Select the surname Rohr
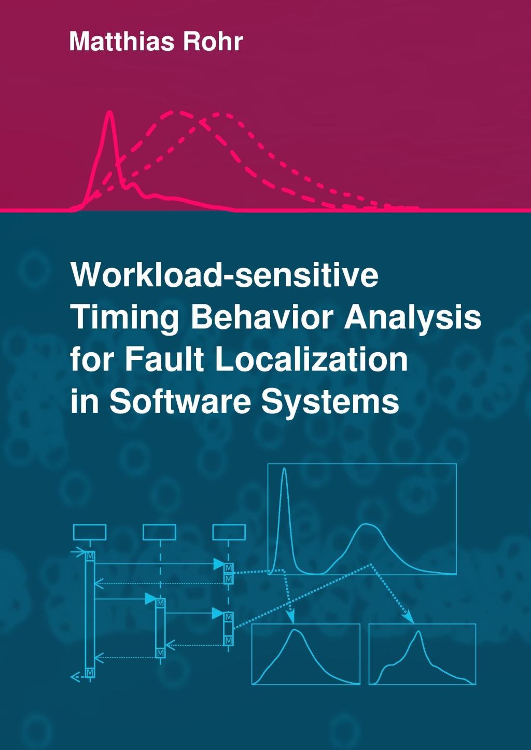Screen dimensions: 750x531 click(x=213, y=41)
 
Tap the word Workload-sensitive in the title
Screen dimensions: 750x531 click(x=224, y=275)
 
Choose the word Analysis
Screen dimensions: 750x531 click(x=413, y=317)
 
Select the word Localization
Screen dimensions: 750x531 click(x=311, y=359)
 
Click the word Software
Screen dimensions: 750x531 click(x=180, y=401)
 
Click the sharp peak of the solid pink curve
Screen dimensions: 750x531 click(x=109, y=113)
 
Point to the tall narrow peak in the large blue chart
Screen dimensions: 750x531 click(x=284, y=469)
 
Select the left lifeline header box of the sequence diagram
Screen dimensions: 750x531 click(x=90, y=532)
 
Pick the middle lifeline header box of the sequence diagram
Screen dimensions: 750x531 click(x=159, y=532)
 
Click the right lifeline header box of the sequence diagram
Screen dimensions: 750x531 click(x=229, y=532)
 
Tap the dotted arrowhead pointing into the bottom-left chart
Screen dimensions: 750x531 click(x=291, y=619)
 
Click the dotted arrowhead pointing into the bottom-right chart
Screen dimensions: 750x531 click(x=410, y=619)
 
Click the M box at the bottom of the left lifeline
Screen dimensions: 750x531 click(x=90, y=673)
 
